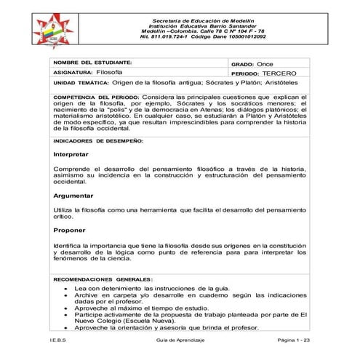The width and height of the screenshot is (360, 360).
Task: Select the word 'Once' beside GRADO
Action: pyautogui.click(x=265, y=65)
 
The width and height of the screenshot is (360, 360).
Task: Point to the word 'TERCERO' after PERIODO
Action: pyautogui.click(x=276, y=74)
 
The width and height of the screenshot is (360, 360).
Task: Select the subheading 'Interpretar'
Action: pyautogui.click(x=71, y=155)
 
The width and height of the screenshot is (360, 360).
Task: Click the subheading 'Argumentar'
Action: pyautogui.click(x=73, y=196)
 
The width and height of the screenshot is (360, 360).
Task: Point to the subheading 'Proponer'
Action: pyautogui.click(x=70, y=230)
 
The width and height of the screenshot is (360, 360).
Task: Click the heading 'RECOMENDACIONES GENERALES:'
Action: pyautogui.click(x=103, y=279)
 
